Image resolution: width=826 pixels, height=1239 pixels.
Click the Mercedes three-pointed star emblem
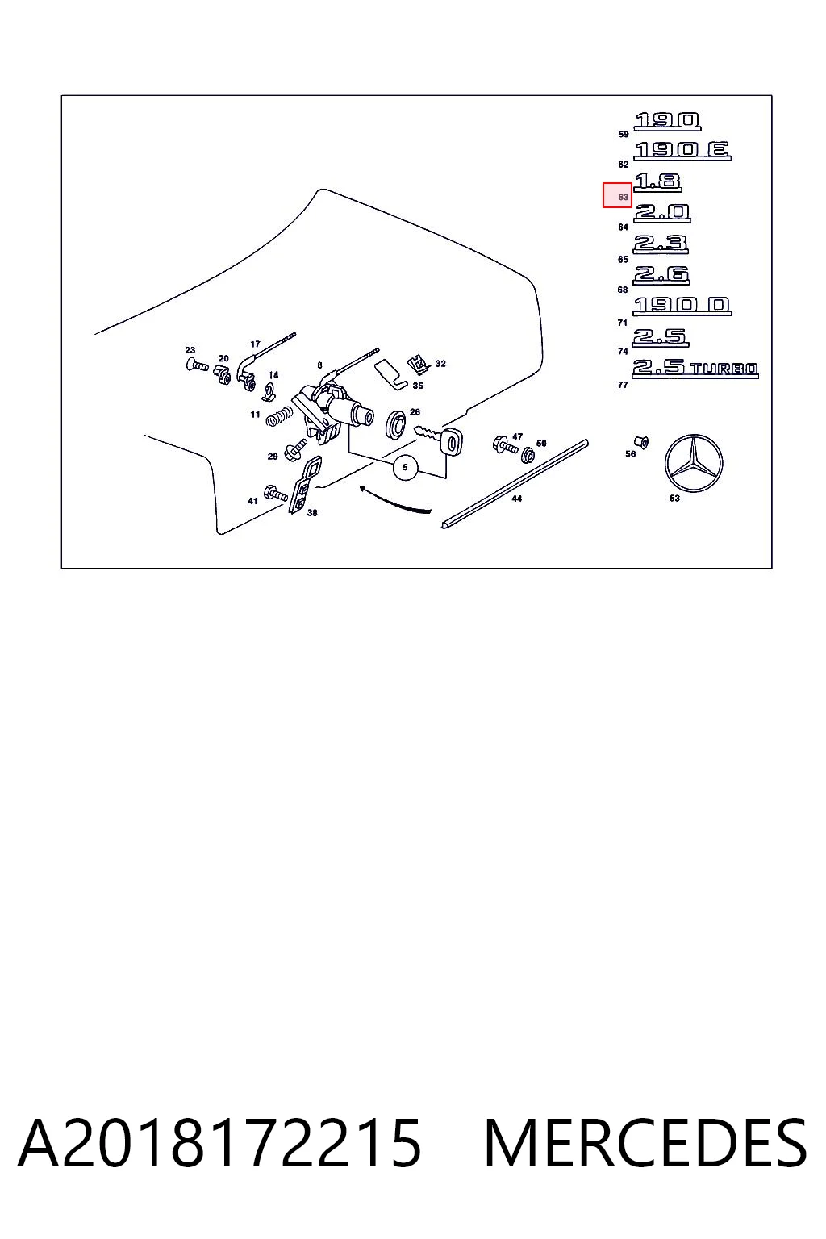693,463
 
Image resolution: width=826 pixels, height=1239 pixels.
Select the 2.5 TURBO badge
695,369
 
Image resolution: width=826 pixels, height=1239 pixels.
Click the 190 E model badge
682,151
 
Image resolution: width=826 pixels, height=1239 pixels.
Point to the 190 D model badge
682,306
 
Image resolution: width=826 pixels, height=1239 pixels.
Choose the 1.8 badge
657,182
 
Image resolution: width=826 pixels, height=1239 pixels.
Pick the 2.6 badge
661,275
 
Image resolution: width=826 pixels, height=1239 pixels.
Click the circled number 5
406,467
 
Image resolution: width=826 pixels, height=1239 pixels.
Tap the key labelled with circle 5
439,438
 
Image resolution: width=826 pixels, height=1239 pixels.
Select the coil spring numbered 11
279,417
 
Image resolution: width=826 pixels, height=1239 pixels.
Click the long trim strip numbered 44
515,484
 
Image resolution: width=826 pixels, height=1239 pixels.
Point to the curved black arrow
394,501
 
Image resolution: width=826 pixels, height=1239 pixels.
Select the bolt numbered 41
276,493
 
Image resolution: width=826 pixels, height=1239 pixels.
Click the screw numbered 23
197,365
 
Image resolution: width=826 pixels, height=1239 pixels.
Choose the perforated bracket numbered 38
304,485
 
